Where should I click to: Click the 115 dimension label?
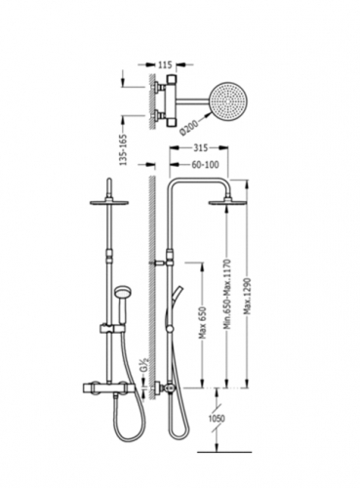165,64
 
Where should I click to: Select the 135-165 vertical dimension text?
124,149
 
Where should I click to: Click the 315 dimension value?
201,148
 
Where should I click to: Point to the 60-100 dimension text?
205,165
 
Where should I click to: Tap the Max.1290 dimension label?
250,297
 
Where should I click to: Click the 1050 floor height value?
217,418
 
